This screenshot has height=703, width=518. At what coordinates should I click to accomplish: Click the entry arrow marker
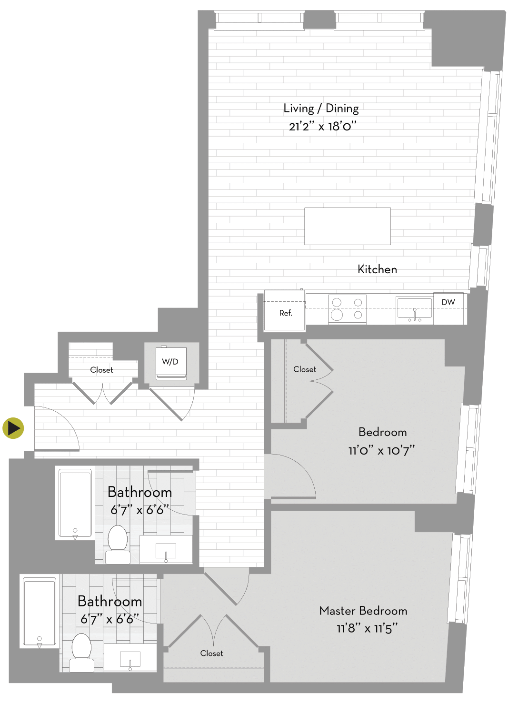pos(13,428)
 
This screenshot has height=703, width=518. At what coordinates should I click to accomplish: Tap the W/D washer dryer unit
pos(171,363)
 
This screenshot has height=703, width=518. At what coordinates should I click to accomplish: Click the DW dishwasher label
pos(448,302)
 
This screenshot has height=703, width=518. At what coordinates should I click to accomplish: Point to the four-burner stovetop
pos(347,309)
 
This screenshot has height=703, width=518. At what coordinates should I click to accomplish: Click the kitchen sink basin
pos(414,309)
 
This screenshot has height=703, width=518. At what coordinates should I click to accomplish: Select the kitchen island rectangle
pos(348,226)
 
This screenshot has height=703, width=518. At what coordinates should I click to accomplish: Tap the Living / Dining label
pos(321,108)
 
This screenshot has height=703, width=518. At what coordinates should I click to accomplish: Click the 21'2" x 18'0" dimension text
pos(323,127)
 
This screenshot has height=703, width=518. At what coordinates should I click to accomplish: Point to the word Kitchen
pos(377,269)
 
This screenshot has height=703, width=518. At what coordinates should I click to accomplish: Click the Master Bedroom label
pos(363,611)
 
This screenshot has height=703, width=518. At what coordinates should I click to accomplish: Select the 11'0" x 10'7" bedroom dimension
pos(381,451)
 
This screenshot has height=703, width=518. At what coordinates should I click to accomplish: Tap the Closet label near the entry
pos(101,370)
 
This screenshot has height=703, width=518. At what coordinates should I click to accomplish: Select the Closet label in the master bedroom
pos(211,653)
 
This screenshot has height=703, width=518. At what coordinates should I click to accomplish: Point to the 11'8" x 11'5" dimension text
pos(367,629)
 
